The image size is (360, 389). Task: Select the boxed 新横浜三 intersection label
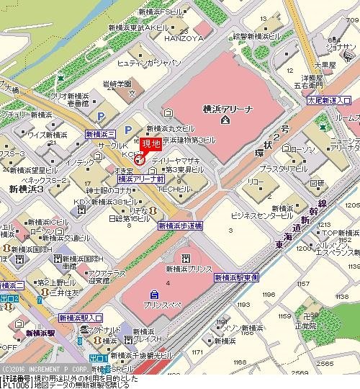[100, 134]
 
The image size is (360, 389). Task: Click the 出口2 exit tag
[10, 298]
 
